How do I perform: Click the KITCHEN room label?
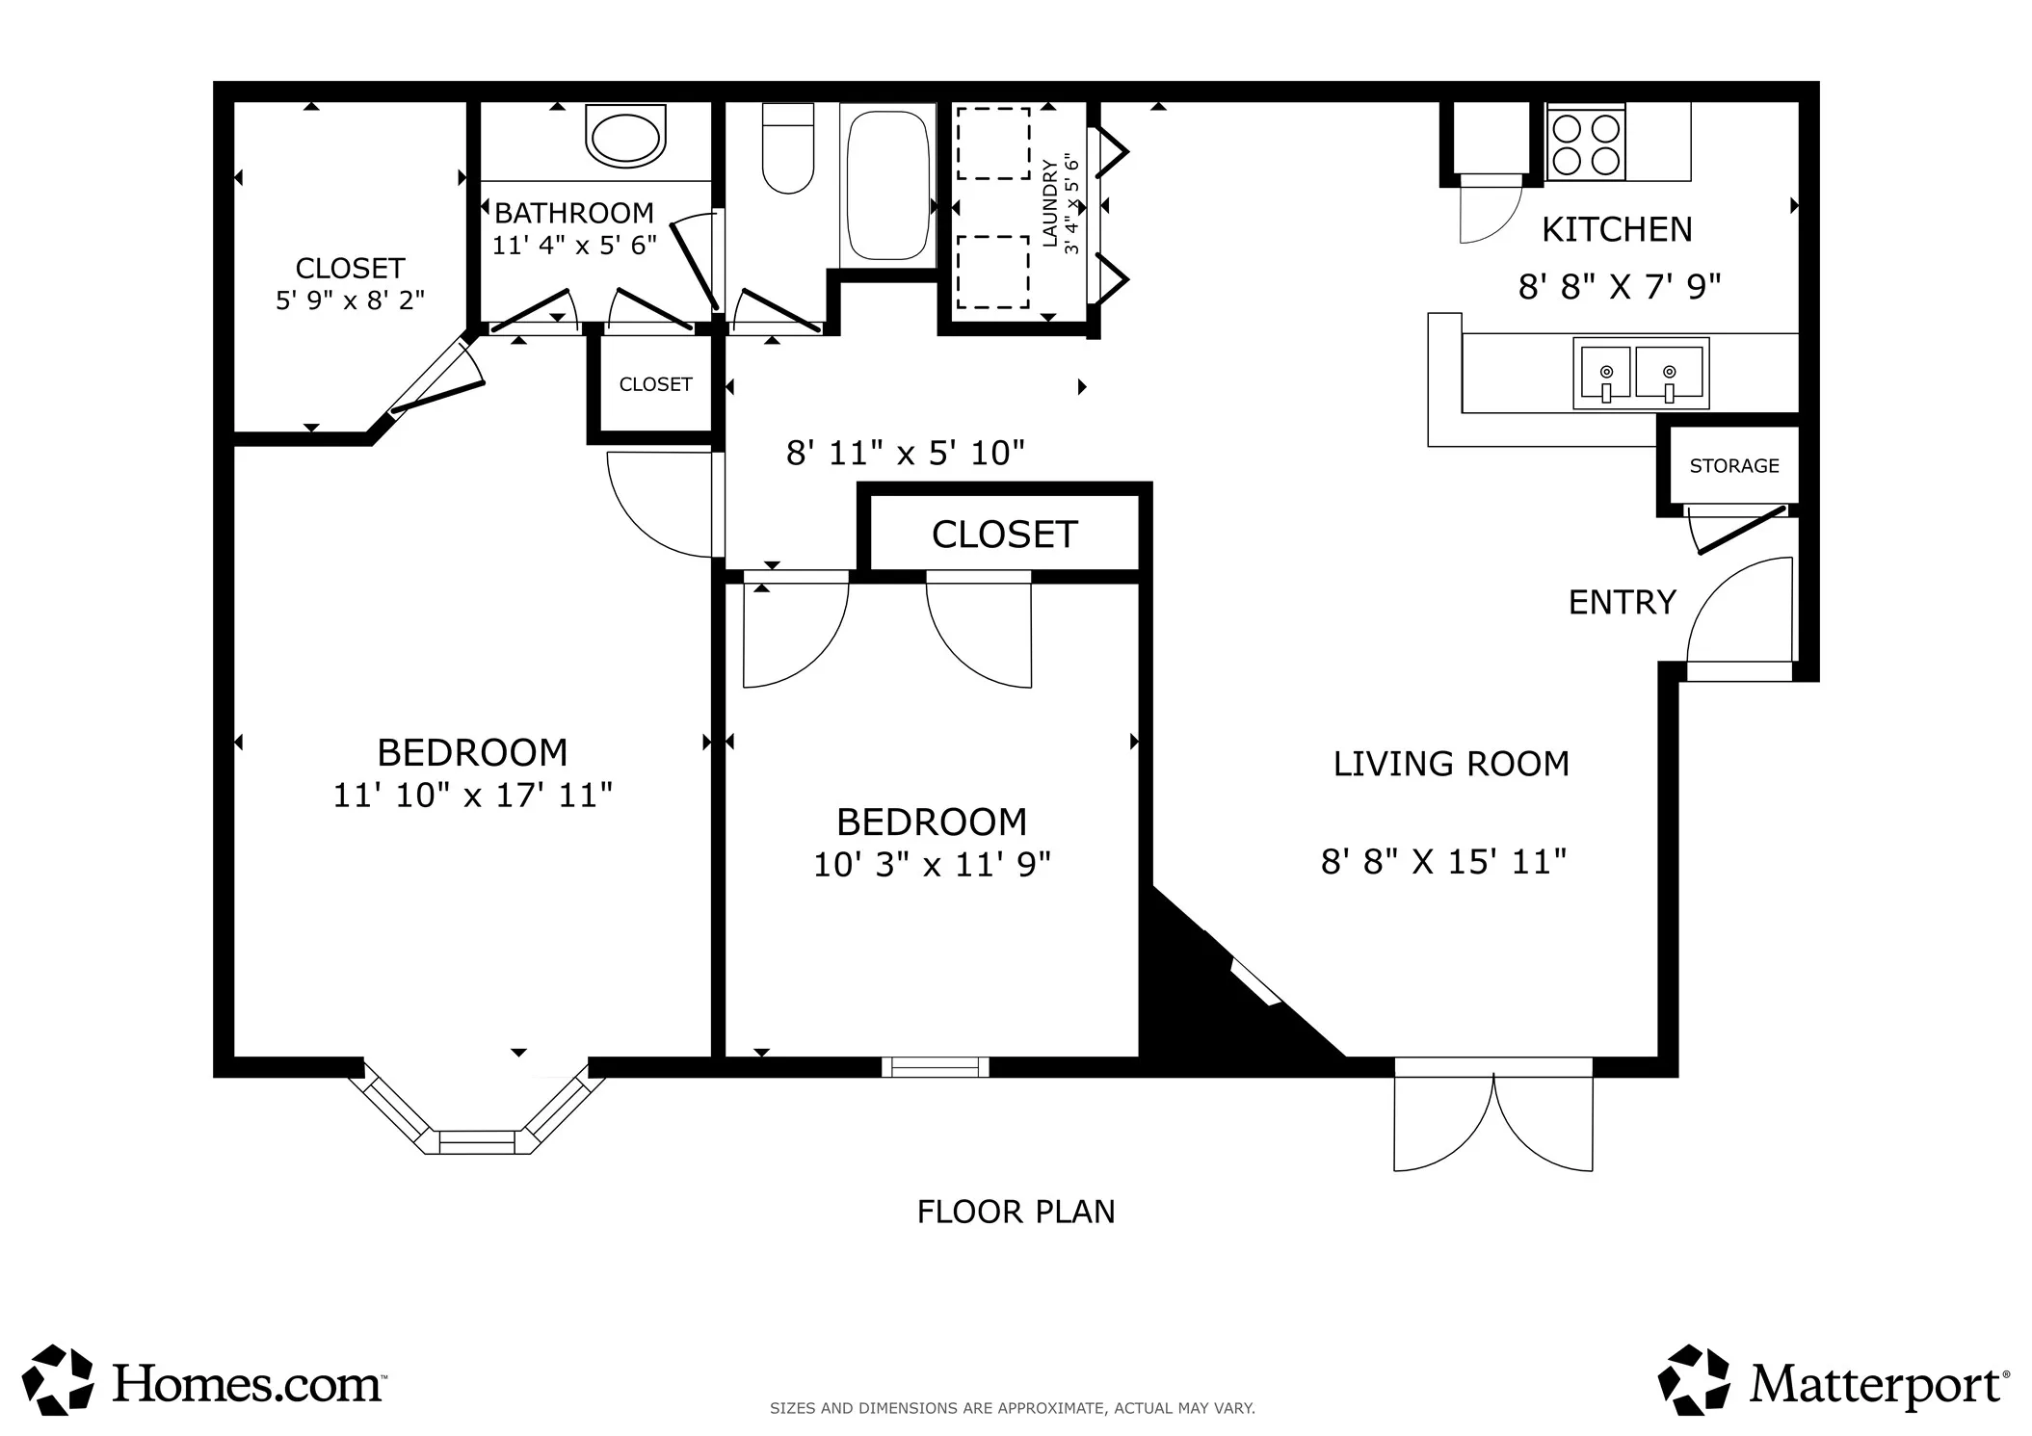[1617, 229]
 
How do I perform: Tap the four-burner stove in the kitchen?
[1586, 143]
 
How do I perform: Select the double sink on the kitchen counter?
[1641, 373]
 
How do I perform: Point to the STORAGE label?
[1734, 466]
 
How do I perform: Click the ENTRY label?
[1623, 603]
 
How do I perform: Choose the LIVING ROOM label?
[1451, 764]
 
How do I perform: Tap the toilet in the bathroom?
[788, 148]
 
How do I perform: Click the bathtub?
[887, 185]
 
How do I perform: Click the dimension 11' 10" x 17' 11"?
[472, 796]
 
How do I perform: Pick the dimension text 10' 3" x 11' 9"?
[932, 865]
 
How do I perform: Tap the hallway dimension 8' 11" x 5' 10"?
[905, 453]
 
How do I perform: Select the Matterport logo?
[1834, 1381]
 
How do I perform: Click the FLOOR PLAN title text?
[1016, 1212]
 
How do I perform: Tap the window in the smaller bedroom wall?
[936, 1067]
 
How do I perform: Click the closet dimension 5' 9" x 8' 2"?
[350, 301]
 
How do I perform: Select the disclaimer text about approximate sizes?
[1012, 1409]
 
